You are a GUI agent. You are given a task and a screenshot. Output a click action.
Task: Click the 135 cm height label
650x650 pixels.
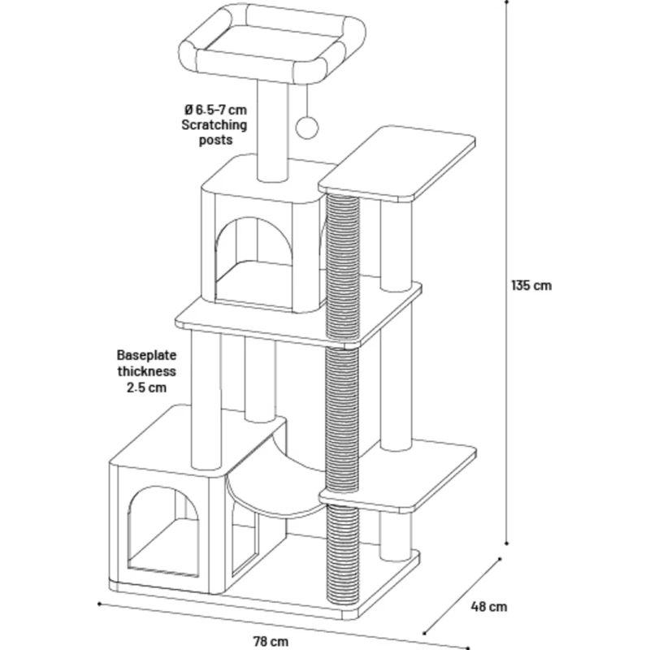pyautogui.click(x=531, y=285)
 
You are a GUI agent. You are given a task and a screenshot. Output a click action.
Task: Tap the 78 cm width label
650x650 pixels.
pyautogui.click(x=271, y=641)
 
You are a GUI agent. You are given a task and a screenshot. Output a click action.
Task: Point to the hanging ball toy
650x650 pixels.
pyautogui.click(x=308, y=126)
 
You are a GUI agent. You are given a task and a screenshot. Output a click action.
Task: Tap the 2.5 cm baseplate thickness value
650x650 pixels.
pyautogui.click(x=147, y=388)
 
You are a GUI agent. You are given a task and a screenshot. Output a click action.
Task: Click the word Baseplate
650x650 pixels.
pyautogui.click(x=147, y=355)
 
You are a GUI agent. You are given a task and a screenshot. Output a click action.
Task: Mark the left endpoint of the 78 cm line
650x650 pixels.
pyautogui.click(x=98, y=604)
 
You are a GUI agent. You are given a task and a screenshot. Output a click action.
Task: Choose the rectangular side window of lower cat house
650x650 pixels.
pyautogui.click(x=244, y=536)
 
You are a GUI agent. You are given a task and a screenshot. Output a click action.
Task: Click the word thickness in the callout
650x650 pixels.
pyautogui.click(x=147, y=371)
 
